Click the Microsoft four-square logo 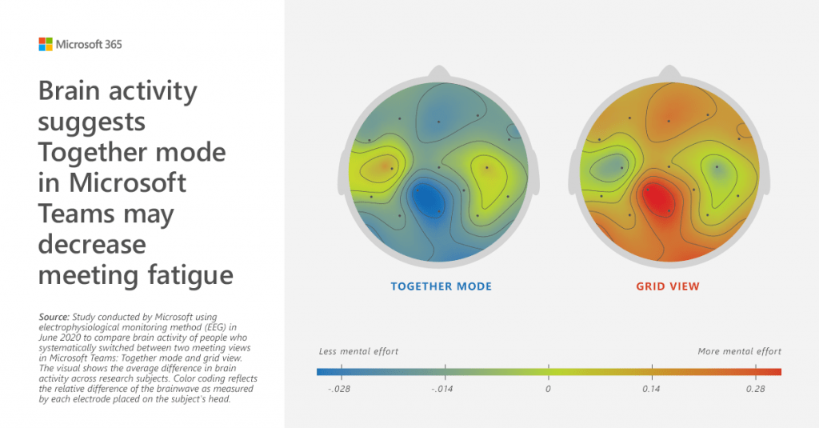[x=46, y=45]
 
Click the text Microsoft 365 [x=89, y=45]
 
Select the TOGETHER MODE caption [x=441, y=286]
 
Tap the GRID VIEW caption [x=669, y=286]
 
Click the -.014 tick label [x=444, y=389]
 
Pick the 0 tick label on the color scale [x=549, y=389]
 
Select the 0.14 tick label [x=652, y=389]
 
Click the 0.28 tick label [x=755, y=389]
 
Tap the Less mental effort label [x=358, y=351]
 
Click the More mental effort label [x=740, y=351]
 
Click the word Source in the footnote [x=54, y=318]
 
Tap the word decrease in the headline [x=93, y=245]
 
